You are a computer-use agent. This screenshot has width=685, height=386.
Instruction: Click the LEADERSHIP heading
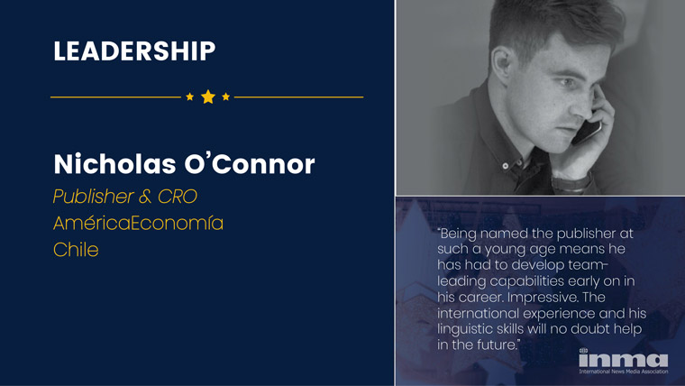point(134,51)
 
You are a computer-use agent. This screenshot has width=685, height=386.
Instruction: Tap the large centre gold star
point(208,96)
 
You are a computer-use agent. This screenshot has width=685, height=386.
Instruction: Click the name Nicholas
point(114,164)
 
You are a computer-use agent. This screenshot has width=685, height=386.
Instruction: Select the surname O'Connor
point(250,164)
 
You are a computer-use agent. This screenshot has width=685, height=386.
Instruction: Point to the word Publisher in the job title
point(94,197)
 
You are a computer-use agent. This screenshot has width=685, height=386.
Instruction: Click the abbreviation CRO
point(178,197)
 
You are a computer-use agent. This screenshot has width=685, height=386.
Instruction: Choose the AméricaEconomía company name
point(138,223)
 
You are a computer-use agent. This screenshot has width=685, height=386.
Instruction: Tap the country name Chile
point(76,250)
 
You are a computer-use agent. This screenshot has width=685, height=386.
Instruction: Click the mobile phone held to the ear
point(587,131)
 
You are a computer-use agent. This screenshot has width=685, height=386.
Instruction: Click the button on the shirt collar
point(506,166)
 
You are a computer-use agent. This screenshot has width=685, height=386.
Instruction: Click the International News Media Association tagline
point(624,372)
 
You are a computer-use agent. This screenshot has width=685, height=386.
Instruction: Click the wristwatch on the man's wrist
point(571,183)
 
